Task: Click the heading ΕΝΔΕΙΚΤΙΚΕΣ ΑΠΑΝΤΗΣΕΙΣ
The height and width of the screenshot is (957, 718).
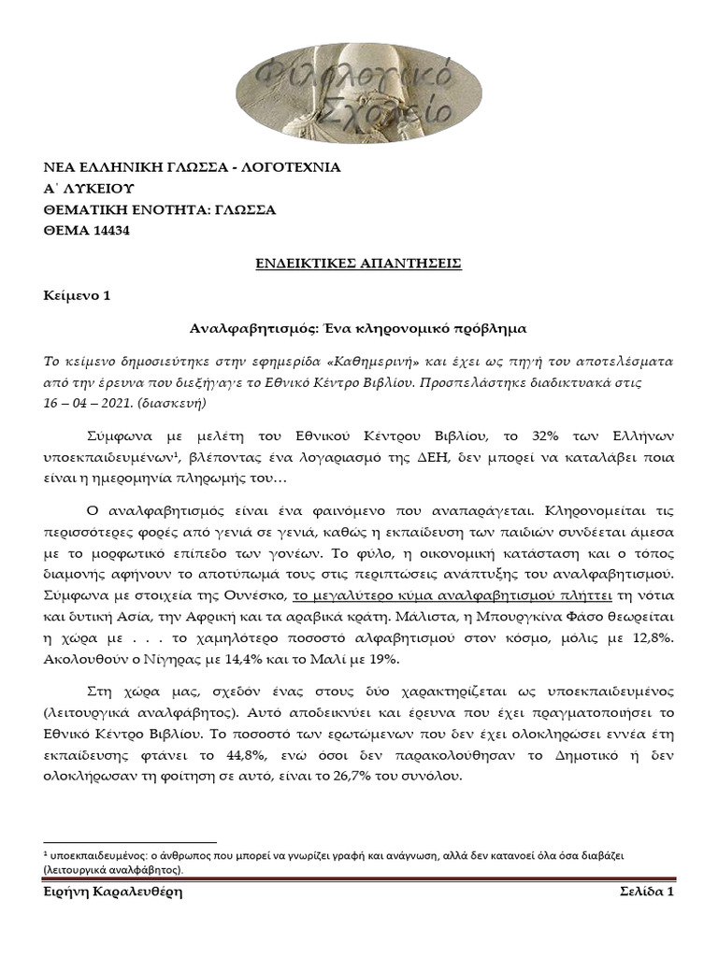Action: point(358,264)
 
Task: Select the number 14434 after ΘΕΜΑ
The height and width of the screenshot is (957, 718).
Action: point(109,231)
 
